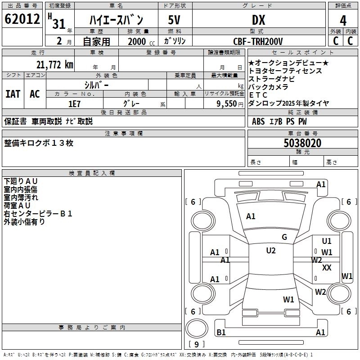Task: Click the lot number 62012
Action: pos(21,19)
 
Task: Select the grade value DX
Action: pos(258,20)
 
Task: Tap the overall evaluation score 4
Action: pos(343,20)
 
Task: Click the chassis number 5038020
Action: pos(302,143)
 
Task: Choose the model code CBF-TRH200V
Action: pos(258,41)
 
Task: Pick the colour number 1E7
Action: pos(74,103)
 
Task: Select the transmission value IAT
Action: pos(13,94)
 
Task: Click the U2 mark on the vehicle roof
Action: pos(271,251)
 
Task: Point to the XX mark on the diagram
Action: pos(327,268)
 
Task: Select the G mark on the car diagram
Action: pos(284,237)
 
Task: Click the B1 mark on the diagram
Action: pos(221,333)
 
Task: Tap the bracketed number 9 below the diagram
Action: pos(196,345)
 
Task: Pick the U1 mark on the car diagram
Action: pos(327,241)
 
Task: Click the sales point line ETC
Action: pos(258,95)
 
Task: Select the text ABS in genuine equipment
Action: pos(258,121)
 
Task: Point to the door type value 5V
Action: pos(175,20)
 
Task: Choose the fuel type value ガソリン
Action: pos(175,41)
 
